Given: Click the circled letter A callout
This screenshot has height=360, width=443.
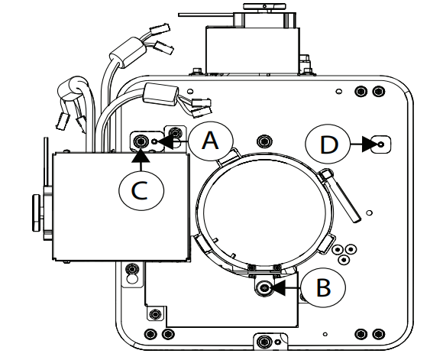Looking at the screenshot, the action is pyautogui.click(x=211, y=141).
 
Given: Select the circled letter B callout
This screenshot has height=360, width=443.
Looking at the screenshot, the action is pyautogui.click(x=323, y=287).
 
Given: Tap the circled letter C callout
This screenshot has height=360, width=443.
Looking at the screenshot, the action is pyautogui.click(x=141, y=190).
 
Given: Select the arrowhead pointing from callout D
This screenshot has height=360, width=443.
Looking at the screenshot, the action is pyautogui.click(x=370, y=144).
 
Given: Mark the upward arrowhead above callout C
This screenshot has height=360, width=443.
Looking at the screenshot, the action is pyautogui.click(x=141, y=156).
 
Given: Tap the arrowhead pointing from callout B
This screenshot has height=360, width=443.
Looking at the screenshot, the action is pyautogui.click(x=277, y=287).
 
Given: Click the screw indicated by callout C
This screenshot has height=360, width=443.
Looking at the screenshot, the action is pyautogui.click(x=141, y=141).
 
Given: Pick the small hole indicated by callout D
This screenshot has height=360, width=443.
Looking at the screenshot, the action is pyautogui.click(x=381, y=144).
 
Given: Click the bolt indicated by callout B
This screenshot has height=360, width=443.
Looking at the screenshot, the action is pyautogui.click(x=264, y=288).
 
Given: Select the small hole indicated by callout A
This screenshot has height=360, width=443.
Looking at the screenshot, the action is pyautogui.click(x=154, y=141).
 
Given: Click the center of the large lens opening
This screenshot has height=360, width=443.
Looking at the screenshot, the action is pyautogui.click(x=265, y=212).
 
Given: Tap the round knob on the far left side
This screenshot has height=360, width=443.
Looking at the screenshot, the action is pyautogui.click(x=37, y=212).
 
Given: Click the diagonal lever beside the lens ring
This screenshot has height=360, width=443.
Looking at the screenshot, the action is pyautogui.click(x=340, y=195).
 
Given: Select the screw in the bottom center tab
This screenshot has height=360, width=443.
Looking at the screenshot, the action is pyautogui.click(x=264, y=341).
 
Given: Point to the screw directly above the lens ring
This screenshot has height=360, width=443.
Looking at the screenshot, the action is pyautogui.click(x=264, y=141).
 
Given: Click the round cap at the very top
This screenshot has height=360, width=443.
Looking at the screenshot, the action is pyautogui.click(x=264, y=6).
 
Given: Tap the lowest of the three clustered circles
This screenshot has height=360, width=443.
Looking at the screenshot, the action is pyautogui.click(x=344, y=259).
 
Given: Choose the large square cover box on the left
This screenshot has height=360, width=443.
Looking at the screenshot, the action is pyautogui.click(x=121, y=206).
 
